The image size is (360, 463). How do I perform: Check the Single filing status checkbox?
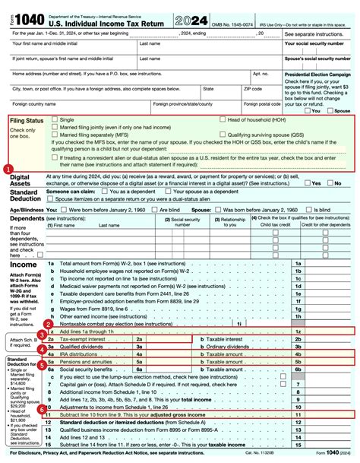pyautogui.click(x=54, y=119)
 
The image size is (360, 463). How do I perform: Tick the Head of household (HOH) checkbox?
pyautogui.click(x=222, y=119)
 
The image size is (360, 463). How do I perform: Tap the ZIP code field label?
pyautogui.click(x=252, y=88)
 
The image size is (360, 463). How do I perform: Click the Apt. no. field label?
pyautogui.click(x=261, y=74)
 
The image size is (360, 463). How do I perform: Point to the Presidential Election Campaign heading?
pyautogui.click(x=317, y=74)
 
